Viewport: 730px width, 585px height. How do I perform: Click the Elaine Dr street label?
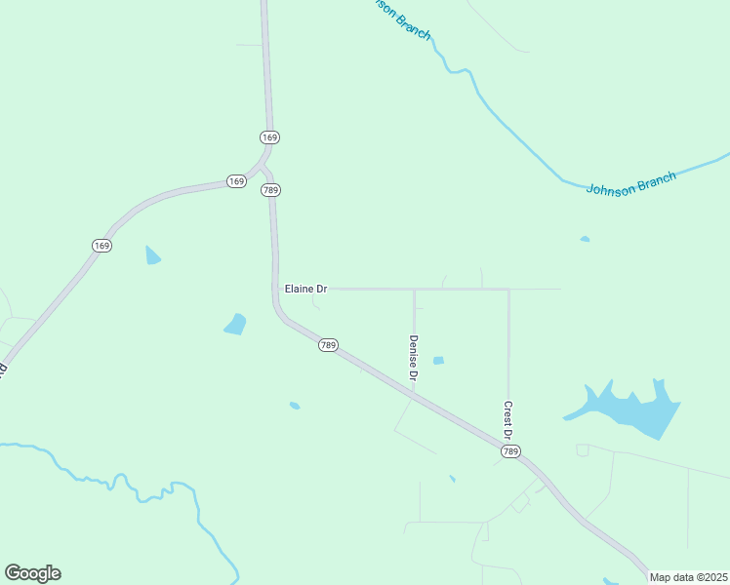coord(305,289)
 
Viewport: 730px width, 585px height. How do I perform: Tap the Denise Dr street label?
coord(414,357)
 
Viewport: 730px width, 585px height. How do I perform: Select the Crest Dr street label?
coord(508,419)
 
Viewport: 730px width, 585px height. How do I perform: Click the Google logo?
coord(32,573)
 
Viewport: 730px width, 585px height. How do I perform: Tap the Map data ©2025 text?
coord(688,577)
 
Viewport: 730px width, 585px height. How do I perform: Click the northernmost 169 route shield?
coord(270,136)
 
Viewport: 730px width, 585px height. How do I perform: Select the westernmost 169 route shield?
coord(101,245)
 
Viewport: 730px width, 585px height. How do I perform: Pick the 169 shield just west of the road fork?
coord(236,181)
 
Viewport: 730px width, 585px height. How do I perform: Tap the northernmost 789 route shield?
coord(271,190)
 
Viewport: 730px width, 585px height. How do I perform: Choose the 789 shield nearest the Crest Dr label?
coord(510,451)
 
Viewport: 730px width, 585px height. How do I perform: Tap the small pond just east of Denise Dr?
coord(438,360)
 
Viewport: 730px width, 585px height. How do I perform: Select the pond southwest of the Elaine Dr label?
coord(235,324)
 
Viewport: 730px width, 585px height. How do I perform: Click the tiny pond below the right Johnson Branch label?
coord(585,239)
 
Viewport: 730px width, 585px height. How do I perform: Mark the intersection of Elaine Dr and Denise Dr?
coord(414,289)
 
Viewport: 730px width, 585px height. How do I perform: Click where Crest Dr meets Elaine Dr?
coord(508,289)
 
